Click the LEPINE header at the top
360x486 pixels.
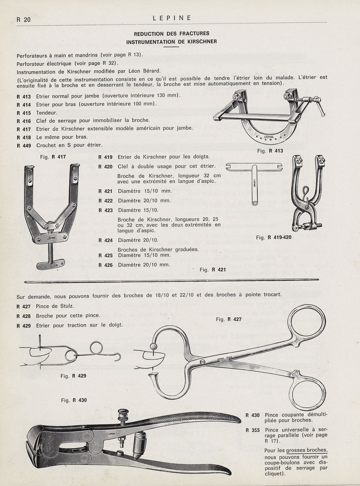click(172, 18)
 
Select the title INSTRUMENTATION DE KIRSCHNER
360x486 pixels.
click(171, 42)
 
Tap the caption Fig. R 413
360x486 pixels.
click(270, 151)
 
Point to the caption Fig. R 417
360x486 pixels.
click(53, 157)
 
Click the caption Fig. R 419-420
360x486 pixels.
click(274, 237)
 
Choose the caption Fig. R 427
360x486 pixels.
click(229, 319)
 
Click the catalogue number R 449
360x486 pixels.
click(23, 145)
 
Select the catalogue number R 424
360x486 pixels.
click(105, 240)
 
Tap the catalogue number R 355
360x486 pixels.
click(253, 430)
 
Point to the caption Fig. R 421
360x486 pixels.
click(212, 270)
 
